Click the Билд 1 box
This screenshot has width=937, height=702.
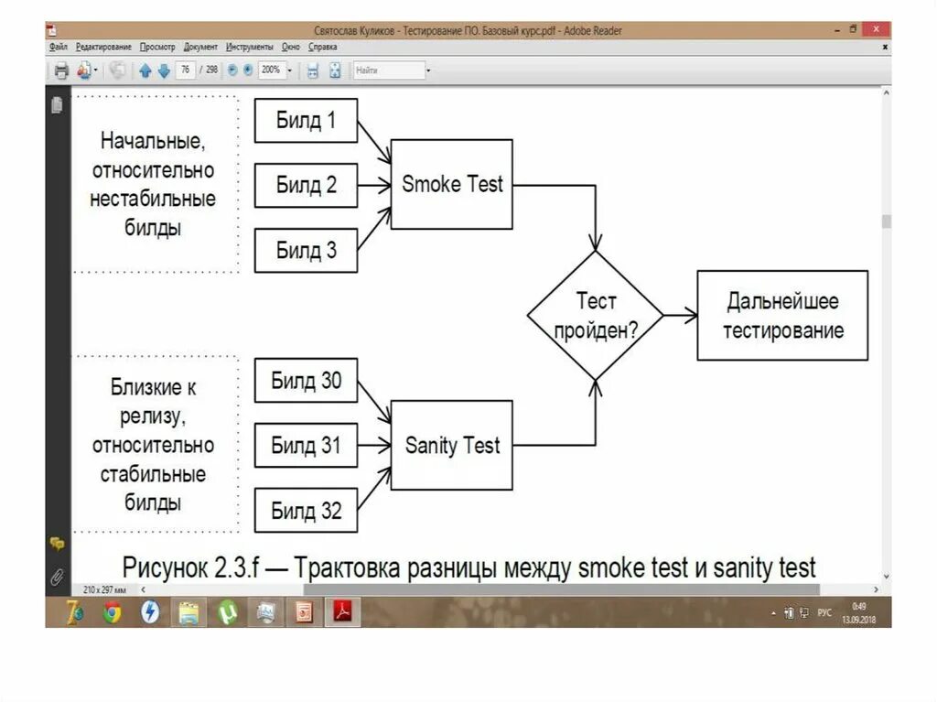pos(305,120)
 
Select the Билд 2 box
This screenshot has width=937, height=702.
pos(305,185)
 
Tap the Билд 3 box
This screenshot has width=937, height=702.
pos(305,250)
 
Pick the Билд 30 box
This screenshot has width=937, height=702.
pos(305,381)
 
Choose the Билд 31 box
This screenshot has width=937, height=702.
pos(305,446)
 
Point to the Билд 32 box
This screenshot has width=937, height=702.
pos(305,511)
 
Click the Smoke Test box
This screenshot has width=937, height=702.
pos(452,184)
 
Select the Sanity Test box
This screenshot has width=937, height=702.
pos(452,446)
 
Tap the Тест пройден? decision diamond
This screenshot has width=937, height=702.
pos(596,315)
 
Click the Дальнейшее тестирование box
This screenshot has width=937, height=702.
pos(782,315)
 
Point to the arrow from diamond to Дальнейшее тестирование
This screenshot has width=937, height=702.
pos(680,315)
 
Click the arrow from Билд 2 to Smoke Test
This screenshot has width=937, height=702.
pos(373,185)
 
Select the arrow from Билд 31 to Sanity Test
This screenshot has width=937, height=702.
pos(373,446)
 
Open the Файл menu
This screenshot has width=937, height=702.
pos(58,47)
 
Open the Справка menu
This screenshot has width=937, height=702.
pos(323,47)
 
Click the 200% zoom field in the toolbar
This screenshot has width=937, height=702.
pos(271,70)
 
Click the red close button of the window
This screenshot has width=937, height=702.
pos(877,29)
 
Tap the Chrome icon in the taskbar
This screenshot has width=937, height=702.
pos(112,612)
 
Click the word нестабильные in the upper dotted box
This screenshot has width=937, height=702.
pos(153,199)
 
